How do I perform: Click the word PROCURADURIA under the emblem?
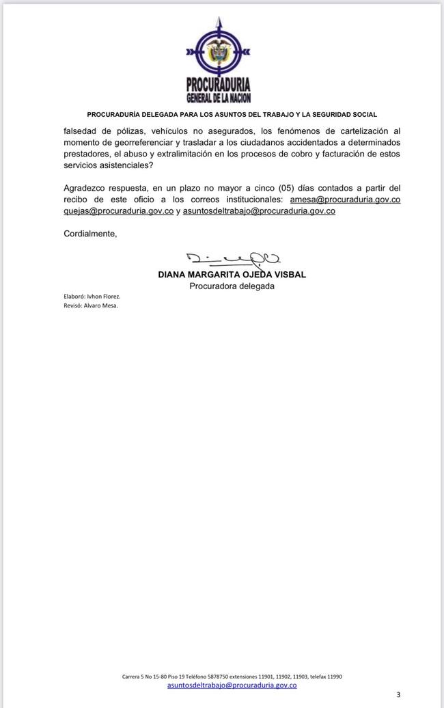[x=219, y=85]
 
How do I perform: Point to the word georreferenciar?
[x=131, y=141]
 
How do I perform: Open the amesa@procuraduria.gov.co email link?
[x=341, y=199]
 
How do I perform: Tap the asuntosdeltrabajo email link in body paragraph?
[x=259, y=210]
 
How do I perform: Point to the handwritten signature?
[x=232, y=258]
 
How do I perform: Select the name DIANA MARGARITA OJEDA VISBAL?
[x=232, y=275]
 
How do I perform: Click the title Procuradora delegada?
[x=232, y=286]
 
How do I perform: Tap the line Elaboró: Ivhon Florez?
[x=92, y=297]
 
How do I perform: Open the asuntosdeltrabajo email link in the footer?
[x=232, y=684]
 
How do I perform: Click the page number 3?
[x=398, y=694]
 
